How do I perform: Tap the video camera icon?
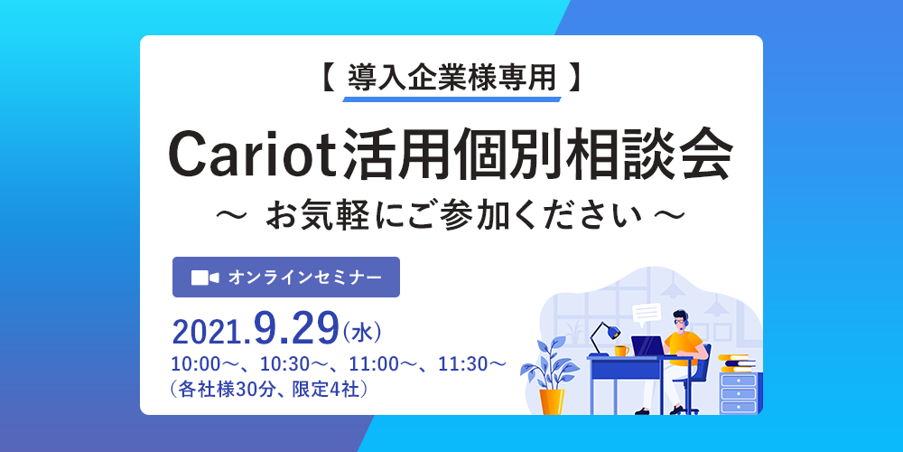tap(205, 278)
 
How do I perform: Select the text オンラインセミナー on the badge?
tap(304, 278)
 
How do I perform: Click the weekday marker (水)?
tap(362, 334)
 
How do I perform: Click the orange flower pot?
tap(552, 402)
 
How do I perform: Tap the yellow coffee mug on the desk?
tap(621, 351)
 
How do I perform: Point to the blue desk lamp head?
tap(613, 332)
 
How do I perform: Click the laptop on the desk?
tap(649, 346)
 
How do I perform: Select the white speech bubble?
tap(647, 314)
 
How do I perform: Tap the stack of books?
tap(737, 363)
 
